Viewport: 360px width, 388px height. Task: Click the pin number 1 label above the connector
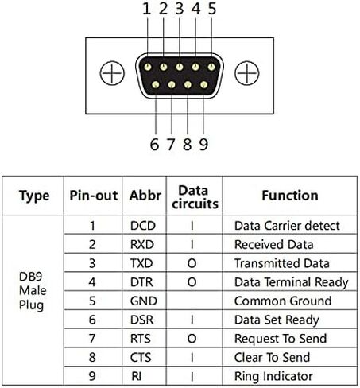(147, 9)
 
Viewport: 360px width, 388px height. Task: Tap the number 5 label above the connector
(212, 9)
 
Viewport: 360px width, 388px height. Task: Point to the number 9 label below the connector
(203, 145)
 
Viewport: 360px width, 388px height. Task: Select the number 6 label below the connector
(154, 145)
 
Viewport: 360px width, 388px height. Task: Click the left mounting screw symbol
(112, 73)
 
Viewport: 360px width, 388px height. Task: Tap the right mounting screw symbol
(247, 73)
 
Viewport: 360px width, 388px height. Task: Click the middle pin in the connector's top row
(180, 67)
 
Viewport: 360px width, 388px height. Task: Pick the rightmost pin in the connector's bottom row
(203, 85)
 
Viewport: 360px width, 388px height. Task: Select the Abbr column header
(145, 196)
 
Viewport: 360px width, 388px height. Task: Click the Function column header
(290, 196)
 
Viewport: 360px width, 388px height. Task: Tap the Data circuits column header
(195, 197)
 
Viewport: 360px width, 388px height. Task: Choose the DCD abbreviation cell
(143, 226)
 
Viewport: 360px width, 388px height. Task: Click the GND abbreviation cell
(144, 301)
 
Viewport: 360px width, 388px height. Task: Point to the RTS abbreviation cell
(141, 339)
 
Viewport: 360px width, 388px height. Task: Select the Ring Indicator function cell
(273, 377)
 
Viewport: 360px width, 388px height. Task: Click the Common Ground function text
(283, 301)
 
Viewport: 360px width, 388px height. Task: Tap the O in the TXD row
(192, 263)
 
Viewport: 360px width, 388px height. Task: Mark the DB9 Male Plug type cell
(33, 291)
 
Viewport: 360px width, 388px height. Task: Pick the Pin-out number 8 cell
(92, 358)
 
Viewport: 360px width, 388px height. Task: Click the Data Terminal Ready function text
(292, 282)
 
